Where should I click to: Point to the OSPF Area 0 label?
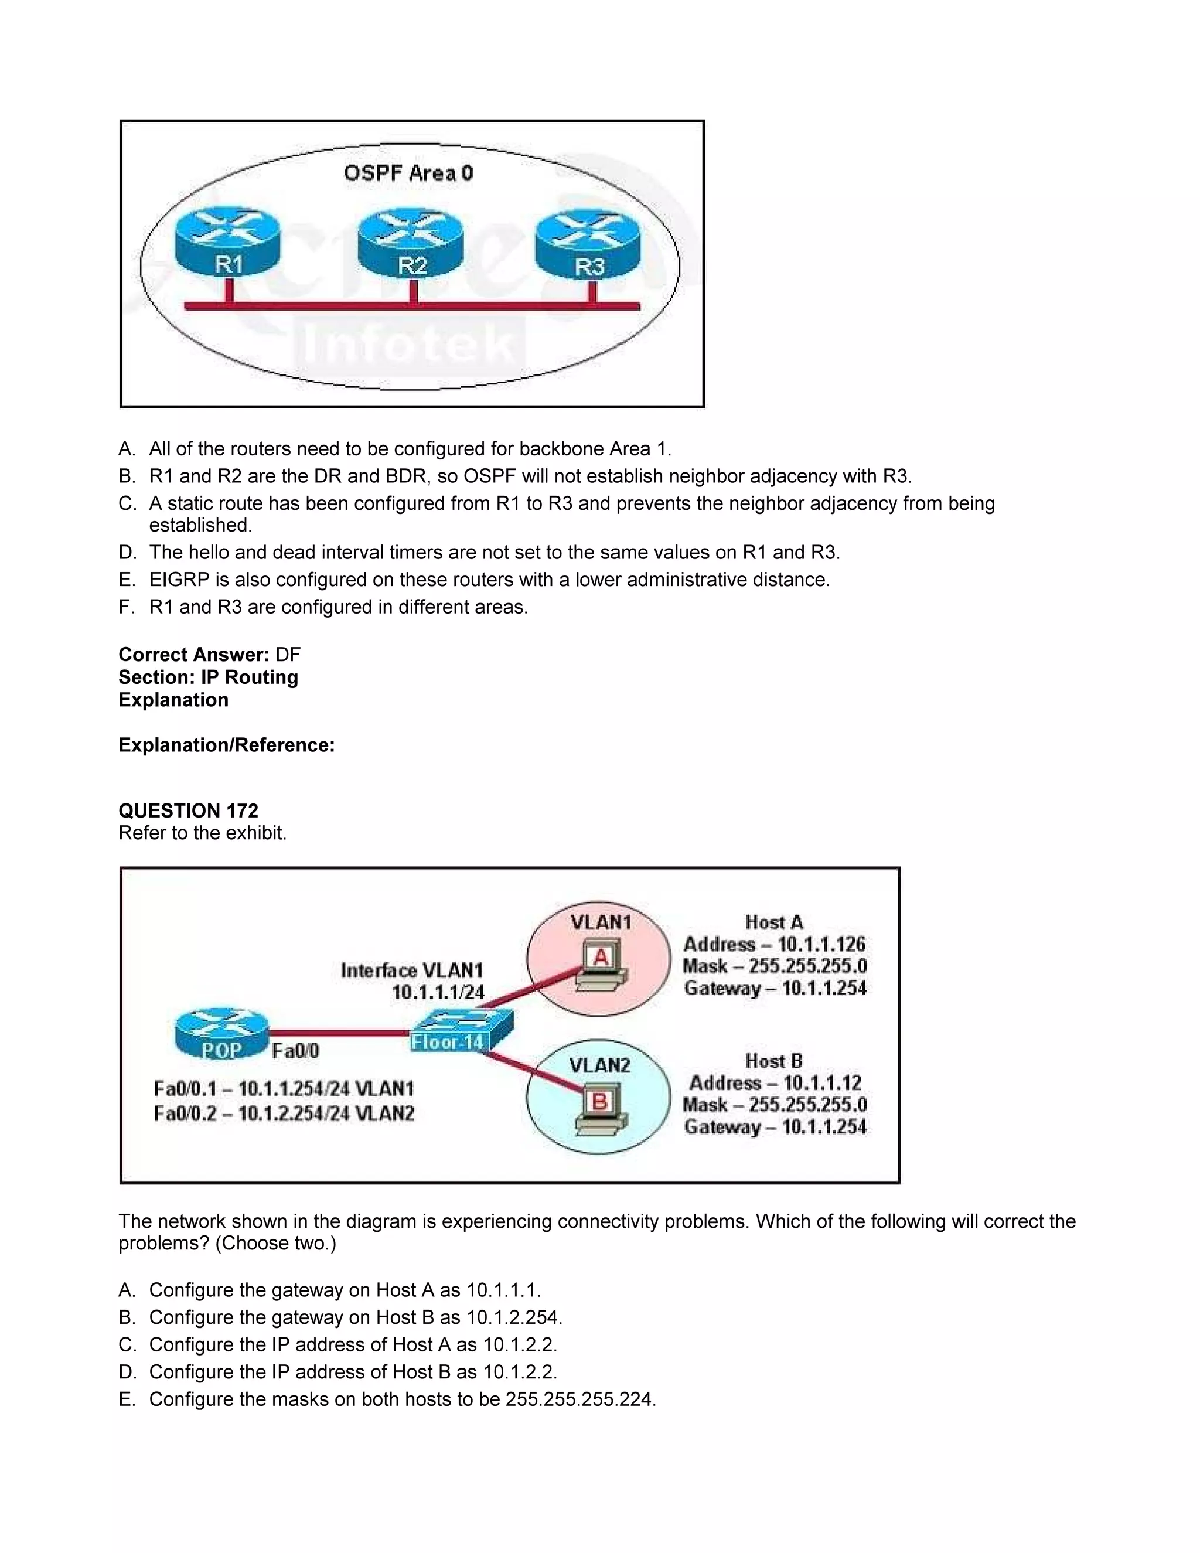(x=408, y=173)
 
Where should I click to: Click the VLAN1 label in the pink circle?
(x=601, y=922)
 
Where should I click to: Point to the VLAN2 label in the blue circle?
(x=599, y=1065)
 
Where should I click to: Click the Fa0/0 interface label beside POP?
(x=296, y=1050)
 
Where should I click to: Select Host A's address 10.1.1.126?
(x=821, y=944)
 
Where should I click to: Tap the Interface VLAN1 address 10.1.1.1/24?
(x=438, y=993)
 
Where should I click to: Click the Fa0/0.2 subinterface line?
(x=284, y=1113)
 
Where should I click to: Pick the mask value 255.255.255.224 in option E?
(x=579, y=1399)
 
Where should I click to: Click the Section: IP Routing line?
(x=208, y=677)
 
